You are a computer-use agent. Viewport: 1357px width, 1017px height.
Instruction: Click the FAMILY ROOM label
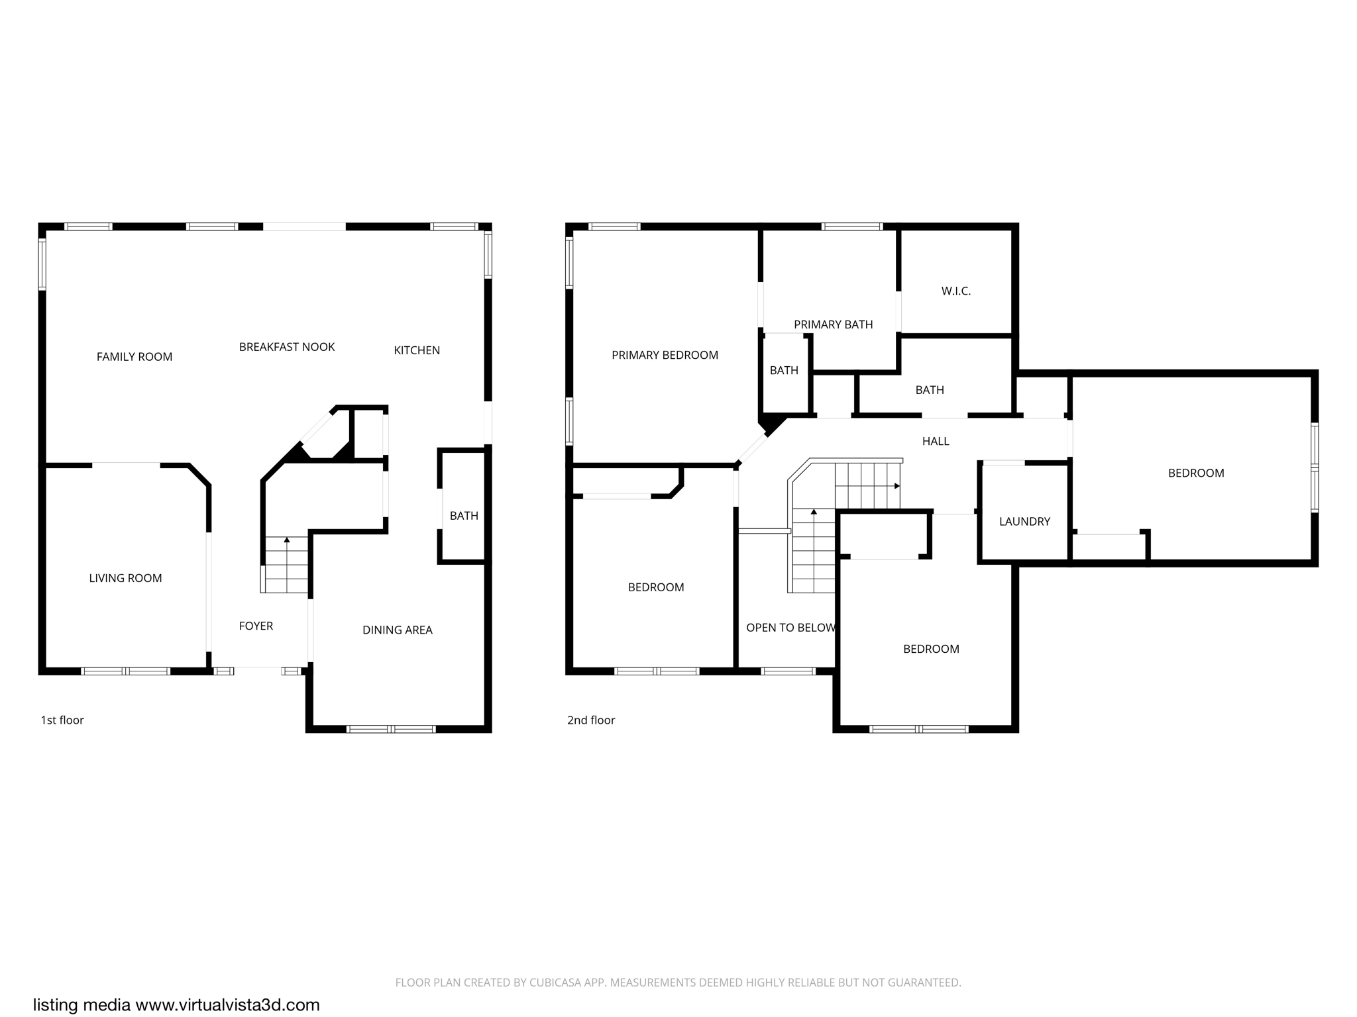(135, 357)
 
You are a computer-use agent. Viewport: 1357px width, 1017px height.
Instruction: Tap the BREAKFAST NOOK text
(287, 347)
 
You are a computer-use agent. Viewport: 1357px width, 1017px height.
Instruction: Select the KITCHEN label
(417, 350)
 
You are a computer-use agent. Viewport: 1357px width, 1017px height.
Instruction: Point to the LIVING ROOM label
(125, 578)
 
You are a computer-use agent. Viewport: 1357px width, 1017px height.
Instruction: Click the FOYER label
(256, 626)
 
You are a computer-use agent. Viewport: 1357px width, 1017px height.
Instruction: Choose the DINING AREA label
(397, 630)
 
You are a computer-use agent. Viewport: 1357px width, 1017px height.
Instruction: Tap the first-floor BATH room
(464, 516)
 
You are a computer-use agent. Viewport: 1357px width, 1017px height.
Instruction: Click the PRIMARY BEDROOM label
(665, 355)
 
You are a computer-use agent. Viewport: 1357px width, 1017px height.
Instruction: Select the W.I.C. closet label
(955, 291)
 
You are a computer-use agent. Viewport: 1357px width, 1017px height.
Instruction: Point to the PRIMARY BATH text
(833, 324)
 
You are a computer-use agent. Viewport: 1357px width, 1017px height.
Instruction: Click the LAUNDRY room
(1024, 521)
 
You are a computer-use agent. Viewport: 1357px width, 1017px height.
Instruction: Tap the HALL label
(936, 441)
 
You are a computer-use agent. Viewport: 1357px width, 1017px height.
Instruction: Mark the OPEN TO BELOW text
(790, 628)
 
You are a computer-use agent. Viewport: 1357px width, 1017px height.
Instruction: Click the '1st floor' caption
(62, 720)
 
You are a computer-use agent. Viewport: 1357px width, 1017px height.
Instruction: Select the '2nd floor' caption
(591, 720)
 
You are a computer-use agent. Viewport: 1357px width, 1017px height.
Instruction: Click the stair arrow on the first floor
(287, 540)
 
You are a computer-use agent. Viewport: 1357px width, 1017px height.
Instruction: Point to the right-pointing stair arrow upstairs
(897, 486)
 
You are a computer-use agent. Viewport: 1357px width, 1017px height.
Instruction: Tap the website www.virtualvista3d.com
(227, 1004)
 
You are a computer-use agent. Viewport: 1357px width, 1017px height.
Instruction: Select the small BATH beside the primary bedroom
(784, 370)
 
